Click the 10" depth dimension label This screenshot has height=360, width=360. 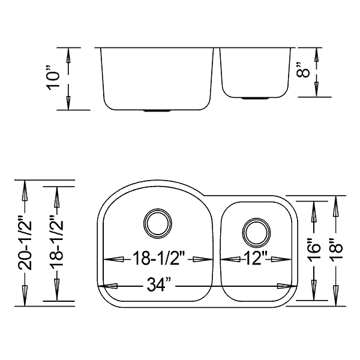[53, 79]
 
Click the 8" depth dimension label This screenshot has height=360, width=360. [303, 70]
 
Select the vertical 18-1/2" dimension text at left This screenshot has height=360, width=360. [56, 244]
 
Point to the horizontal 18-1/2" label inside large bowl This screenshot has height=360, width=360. [158, 258]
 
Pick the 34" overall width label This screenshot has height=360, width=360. [158, 284]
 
